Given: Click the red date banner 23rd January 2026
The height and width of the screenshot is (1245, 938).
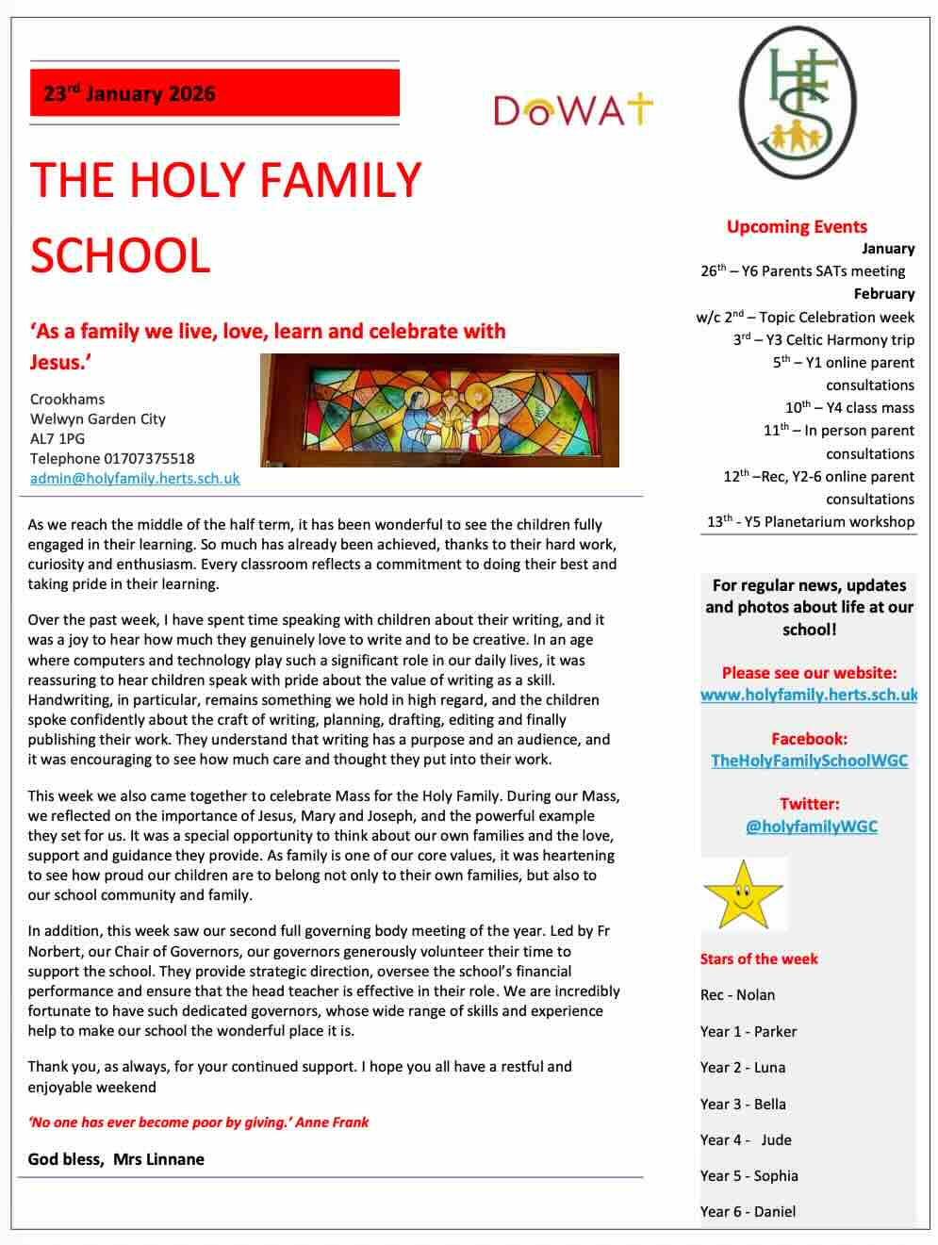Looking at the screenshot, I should point(214,93).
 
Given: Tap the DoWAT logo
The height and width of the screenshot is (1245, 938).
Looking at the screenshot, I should point(572,109).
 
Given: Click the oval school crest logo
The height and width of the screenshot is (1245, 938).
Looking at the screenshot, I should point(798,102).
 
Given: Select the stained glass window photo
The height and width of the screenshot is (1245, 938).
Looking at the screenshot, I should point(439,410).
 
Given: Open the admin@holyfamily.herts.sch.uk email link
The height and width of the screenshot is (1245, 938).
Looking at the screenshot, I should point(135,478).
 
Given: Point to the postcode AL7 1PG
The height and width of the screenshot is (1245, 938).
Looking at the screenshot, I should point(58,438).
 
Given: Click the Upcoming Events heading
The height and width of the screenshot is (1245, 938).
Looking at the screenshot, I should point(797,226).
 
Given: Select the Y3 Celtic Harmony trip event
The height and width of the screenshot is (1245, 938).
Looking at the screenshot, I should point(823,339).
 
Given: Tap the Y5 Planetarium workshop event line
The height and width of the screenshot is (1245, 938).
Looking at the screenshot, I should point(811,521).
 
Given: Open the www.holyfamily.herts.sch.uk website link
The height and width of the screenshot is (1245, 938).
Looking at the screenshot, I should point(809,695).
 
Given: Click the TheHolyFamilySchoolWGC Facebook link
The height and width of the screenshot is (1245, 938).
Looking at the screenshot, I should point(809,761).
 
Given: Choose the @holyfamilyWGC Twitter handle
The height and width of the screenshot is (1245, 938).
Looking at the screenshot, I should point(811,826).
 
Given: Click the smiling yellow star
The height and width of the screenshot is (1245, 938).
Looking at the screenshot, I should point(743,895).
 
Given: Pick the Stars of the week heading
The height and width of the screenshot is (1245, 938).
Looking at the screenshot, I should point(759,958).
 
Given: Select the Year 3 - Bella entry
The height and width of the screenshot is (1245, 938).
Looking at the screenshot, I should point(743,1104).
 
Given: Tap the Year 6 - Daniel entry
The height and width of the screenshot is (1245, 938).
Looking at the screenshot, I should point(748,1211).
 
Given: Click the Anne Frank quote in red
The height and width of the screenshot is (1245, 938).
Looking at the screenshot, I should point(198,1122).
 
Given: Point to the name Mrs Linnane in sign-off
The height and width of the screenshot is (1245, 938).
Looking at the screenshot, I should point(158,1159).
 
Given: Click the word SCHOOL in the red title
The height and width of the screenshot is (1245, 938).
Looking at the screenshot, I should point(120,255).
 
